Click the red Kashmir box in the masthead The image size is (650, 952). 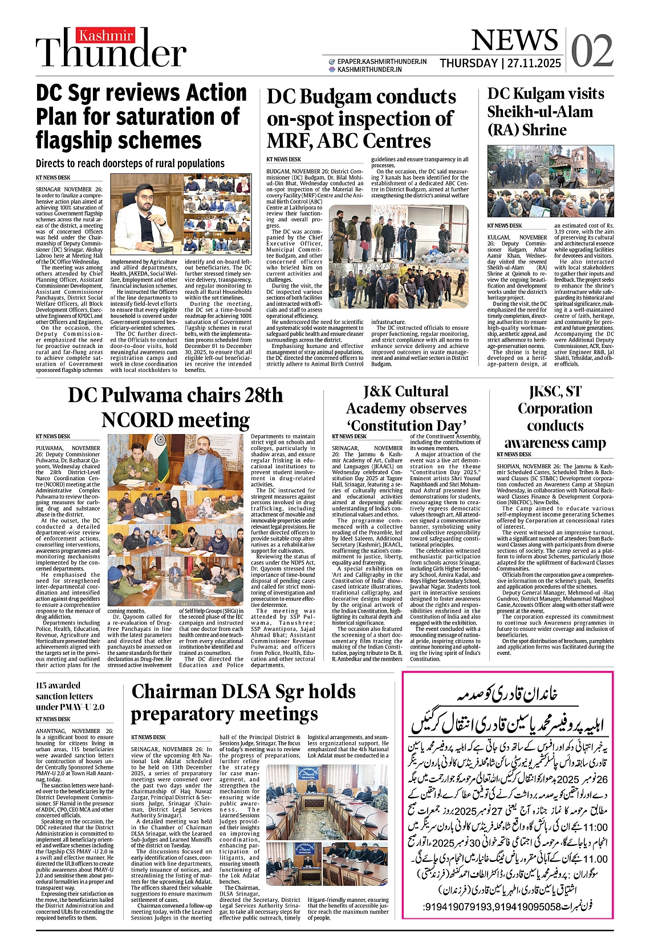(x=98, y=35)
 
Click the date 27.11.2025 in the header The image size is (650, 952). (x=534, y=63)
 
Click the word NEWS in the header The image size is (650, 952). (x=514, y=40)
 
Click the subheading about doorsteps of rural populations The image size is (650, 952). (x=130, y=164)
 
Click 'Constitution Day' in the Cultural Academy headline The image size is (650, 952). (x=407, y=426)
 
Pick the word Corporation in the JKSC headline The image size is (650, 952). (x=555, y=408)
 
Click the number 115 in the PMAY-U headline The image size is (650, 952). (x=42, y=685)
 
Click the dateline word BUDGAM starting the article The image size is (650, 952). (x=279, y=171)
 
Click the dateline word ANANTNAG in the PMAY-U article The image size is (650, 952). (x=51, y=731)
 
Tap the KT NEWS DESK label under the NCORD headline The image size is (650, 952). (x=52, y=436)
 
